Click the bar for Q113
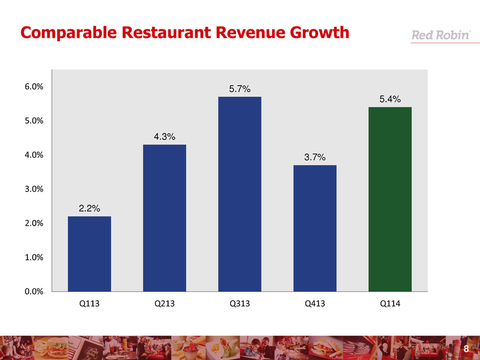pyautogui.click(x=89, y=254)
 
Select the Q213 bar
pyautogui.click(x=164, y=218)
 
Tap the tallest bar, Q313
pyautogui.click(x=239, y=194)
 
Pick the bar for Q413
pyautogui.click(x=315, y=228)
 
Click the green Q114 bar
pyautogui.click(x=390, y=199)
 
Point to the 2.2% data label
pyautogui.click(x=89, y=208)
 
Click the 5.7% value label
pyautogui.click(x=239, y=89)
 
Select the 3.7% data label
pyautogui.click(x=315, y=157)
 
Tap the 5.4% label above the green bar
pyautogui.click(x=390, y=99)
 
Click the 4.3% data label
pyautogui.click(x=164, y=137)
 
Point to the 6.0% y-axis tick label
pyautogui.click(x=33, y=87)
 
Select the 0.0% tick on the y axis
pyautogui.click(x=33, y=292)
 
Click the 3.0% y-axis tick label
pyautogui.click(x=33, y=189)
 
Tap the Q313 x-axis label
pyautogui.click(x=239, y=304)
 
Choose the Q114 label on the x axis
pyautogui.click(x=390, y=304)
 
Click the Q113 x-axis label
pyautogui.click(x=89, y=304)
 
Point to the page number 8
pyautogui.click(x=466, y=349)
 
